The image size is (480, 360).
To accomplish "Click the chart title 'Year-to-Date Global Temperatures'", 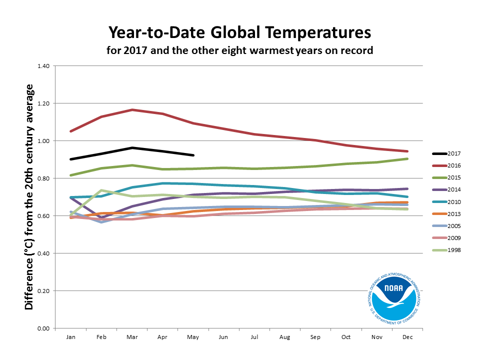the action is pyautogui.click(x=239, y=33).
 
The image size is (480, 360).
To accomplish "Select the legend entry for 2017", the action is pyautogui.click(x=446, y=153).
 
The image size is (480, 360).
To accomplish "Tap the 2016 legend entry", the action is pyautogui.click(x=446, y=165).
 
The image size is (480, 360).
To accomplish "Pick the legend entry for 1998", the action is pyautogui.click(x=446, y=250).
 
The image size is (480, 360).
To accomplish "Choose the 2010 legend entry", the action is pyautogui.click(x=446, y=202).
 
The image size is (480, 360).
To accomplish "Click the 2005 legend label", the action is pyautogui.click(x=454, y=226).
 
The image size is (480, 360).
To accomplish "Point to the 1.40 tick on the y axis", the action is pyautogui.click(x=43, y=66).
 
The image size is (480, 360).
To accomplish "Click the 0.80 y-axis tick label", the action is pyautogui.click(x=43, y=178).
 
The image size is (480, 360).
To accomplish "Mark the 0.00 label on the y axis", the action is pyautogui.click(x=43, y=328).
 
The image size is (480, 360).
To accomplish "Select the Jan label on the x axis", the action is pyautogui.click(x=70, y=337).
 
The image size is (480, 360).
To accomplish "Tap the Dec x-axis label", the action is pyautogui.click(x=407, y=337).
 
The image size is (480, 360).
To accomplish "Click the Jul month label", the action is pyautogui.click(x=254, y=337).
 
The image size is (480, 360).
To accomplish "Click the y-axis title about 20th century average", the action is pyautogui.click(x=29, y=197).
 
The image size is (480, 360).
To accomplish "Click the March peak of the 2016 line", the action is pyautogui.click(x=132, y=109).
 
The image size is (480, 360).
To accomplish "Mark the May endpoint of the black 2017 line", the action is pyautogui.click(x=193, y=155).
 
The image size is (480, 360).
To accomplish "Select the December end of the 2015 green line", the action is pyautogui.click(x=407, y=158).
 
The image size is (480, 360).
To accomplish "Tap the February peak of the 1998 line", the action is pyautogui.click(x=101, y=190).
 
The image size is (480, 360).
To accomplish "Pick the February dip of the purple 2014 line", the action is pyautogui.click(x=101, y=217).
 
